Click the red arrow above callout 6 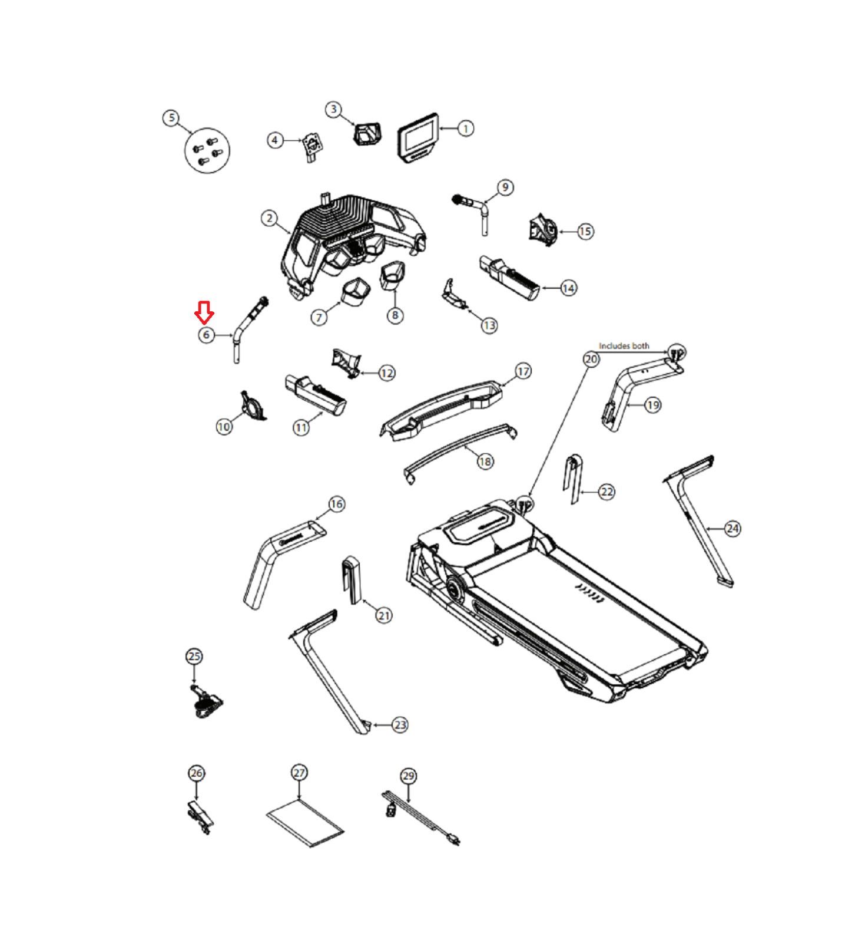[x=204, y=312]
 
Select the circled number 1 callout [x=465, y=128]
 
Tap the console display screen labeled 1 [x=419, y=137]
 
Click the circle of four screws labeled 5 [x=207, y=150]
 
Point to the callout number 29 [x=408, y=776]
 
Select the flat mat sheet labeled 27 [x=305, y=823]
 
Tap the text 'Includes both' [x=624, y=346]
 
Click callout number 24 [x=733, y=529]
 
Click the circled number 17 [x=523, y=371]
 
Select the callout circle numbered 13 [x=489, y=325]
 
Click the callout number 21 [x=384, y=616]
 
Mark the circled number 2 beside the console [x=269, y=219]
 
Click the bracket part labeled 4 [x=313, y=147]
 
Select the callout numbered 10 [x=224, y=427]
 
